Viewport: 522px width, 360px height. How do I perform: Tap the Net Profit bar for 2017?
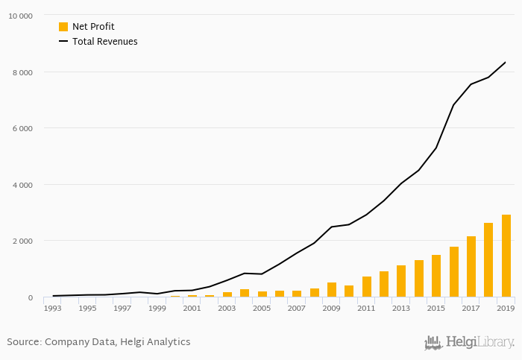[471, 266]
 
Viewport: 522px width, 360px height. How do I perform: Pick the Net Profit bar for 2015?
[436, 276]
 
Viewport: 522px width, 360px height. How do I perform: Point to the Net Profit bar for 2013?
[401, 281]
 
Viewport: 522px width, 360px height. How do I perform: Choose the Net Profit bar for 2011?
[367, 287]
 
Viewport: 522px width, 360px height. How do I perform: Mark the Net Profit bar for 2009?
[332, 290]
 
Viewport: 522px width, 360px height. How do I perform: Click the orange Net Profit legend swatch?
[63, 27]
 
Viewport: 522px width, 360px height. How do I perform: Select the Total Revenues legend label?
[104, 42]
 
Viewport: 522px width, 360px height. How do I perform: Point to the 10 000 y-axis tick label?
[20, 16]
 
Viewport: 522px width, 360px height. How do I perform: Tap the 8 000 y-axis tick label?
[22, 72]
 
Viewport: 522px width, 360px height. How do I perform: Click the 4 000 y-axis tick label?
[22, 185]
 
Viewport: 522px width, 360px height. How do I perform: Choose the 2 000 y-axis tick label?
[22, 241]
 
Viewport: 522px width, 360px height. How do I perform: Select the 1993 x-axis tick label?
[53, 308]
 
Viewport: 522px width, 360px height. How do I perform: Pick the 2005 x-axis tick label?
[262, 308]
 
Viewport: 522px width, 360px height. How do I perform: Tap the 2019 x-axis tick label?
[506, 308]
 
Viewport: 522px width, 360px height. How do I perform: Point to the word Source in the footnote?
[24, 342]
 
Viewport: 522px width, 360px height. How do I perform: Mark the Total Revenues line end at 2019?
[506, 63]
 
